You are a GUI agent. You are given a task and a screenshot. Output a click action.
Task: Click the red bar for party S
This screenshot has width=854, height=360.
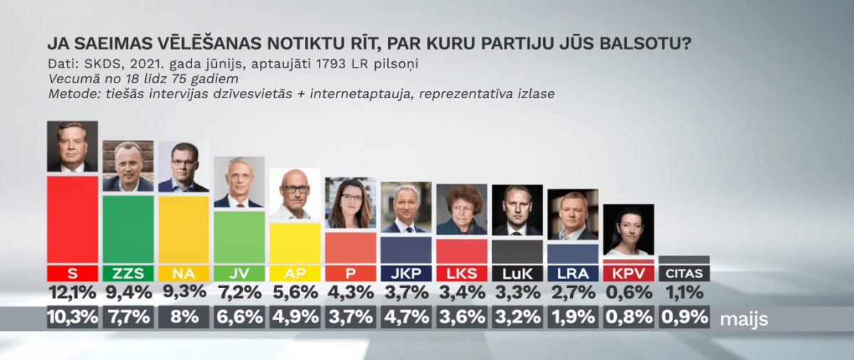tap(72, 218)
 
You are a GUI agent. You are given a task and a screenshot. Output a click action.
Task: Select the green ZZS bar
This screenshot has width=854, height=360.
tap(127, 229)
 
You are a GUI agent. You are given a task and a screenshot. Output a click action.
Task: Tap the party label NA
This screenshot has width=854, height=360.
tap(183, 273)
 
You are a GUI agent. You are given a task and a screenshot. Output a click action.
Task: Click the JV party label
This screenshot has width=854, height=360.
tap(238, 273)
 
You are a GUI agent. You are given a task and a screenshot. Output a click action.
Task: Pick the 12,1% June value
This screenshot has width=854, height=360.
tap(72, 292)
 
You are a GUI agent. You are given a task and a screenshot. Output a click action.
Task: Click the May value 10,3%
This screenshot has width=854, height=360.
tap(72, 317)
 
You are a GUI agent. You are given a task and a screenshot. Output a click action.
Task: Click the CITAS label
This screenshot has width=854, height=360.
tap(684, 273)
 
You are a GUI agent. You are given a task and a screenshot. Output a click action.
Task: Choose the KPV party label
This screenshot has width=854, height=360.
tap(628, 273)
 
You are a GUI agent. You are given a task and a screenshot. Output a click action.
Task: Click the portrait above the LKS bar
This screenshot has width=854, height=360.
tap(460, 209)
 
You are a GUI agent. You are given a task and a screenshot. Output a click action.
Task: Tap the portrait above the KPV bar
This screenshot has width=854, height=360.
tap(628, 230)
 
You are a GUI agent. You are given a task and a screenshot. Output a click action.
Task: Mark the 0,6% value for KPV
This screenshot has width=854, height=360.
tap(628, 292)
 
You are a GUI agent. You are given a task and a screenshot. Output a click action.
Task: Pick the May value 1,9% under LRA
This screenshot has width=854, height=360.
tap(573, 317)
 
